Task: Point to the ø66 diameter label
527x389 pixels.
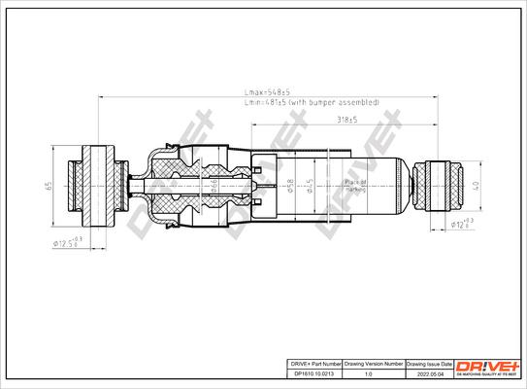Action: click(214, 183)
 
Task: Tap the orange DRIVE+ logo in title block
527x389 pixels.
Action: click(493, 365)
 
